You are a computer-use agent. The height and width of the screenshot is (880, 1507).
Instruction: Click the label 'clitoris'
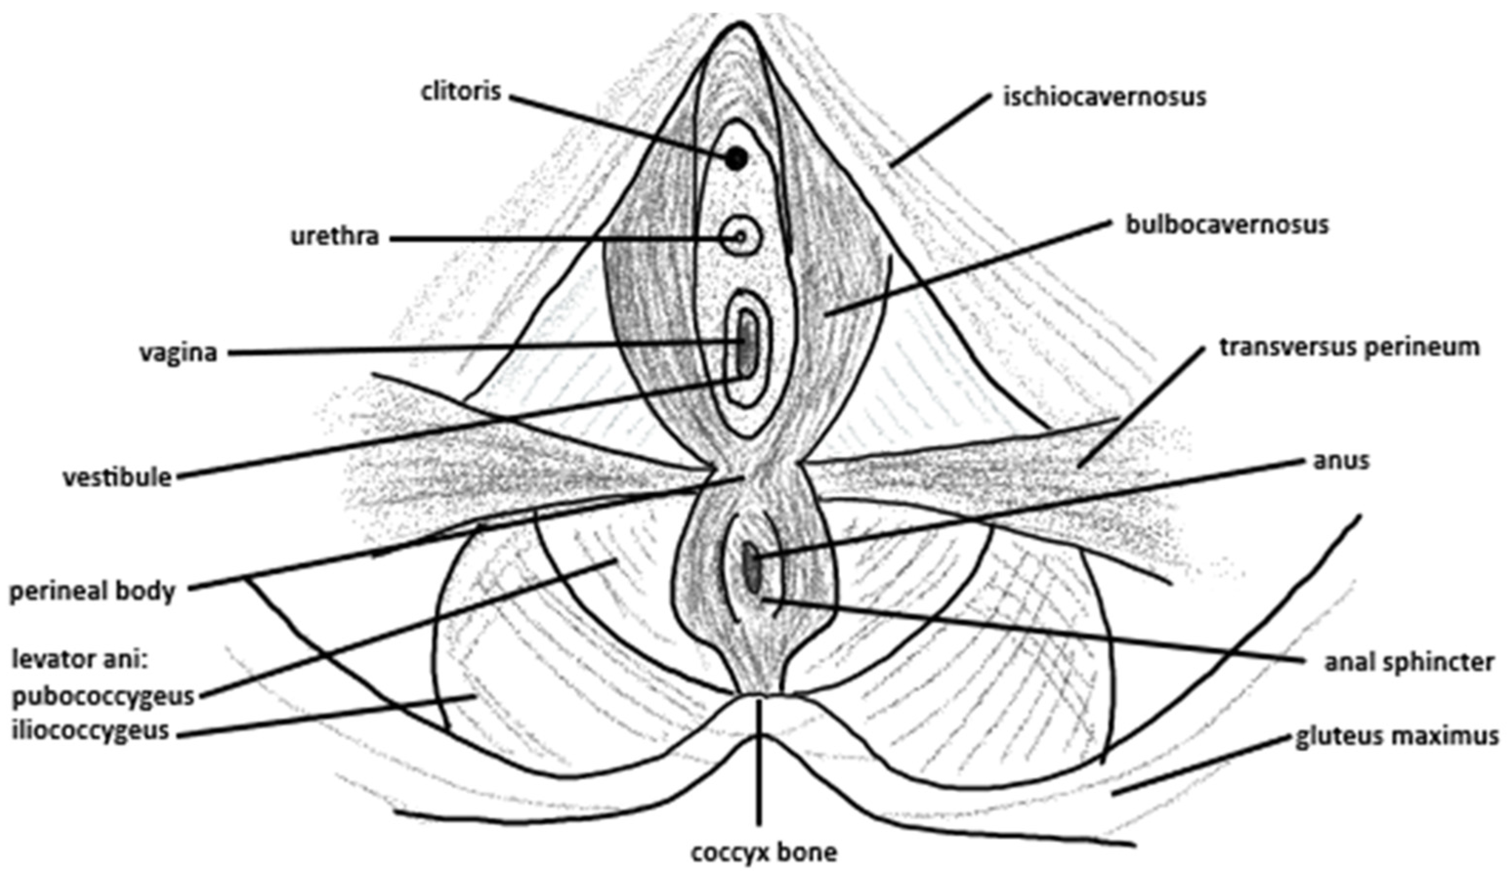click(460, 93)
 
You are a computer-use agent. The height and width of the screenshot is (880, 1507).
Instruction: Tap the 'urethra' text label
click(335, 237)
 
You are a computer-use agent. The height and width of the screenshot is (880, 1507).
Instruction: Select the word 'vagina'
click(178, 353)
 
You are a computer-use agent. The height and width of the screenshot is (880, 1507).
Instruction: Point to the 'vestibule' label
click(117, 477)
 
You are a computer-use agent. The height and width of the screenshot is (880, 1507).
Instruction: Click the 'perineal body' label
click(93, 591)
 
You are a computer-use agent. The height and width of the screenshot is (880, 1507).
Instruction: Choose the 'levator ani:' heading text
click(79, 659)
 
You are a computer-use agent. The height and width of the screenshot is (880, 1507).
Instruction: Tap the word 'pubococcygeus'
click(103, 696)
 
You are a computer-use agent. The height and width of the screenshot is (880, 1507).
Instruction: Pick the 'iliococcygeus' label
click(91, 731)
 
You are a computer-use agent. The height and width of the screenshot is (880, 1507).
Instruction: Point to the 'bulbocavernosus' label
click(1227, 225)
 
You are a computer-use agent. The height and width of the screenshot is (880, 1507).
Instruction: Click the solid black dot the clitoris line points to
click(737, 159)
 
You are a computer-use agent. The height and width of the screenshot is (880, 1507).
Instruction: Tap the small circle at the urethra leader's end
click(741, 237)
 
